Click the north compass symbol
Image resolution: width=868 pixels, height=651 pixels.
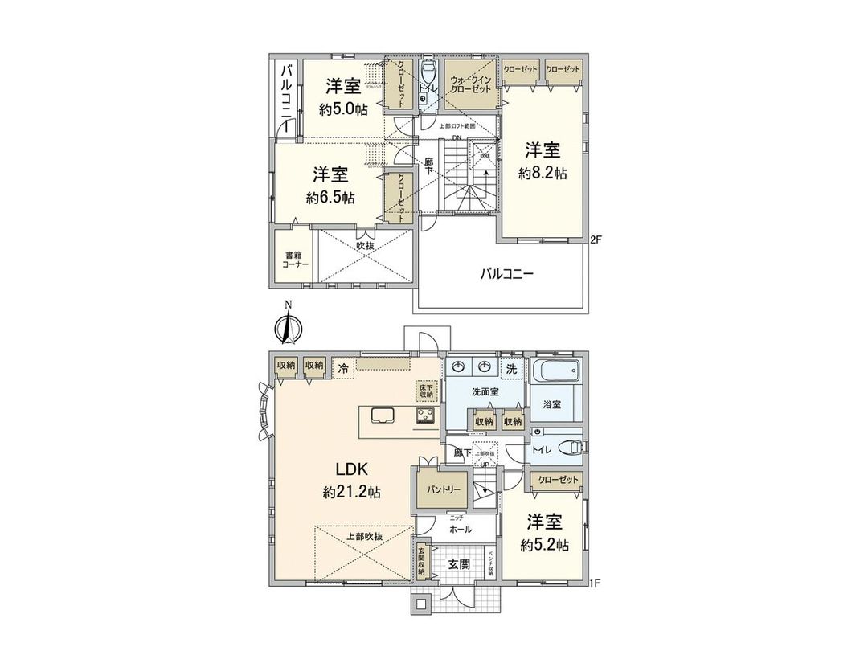pyautogui.click(x=287, y=325)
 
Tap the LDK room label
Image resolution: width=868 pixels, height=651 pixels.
pyautogui.click(x=351, y=469)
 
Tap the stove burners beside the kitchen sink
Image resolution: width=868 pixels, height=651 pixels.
pyautogui.click(x=424, y=416)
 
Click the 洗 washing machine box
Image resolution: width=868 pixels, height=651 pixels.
pyautogui.click(x=511, y=368)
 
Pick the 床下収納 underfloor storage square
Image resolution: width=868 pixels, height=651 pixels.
pyautogui.click(x=425, y=391)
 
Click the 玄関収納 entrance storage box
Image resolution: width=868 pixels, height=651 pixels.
pyautogui.click(x=421, y=559)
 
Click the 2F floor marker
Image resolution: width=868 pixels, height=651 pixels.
pyautogui.click(x=596, y=239)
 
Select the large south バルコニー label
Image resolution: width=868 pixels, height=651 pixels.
pyautogui.click(x=507, y=273)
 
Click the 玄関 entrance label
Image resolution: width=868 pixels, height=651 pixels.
pyautogui.click(x=459, y=564)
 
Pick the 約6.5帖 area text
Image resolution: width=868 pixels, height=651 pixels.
pyautogui.click(x=330, y=197)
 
